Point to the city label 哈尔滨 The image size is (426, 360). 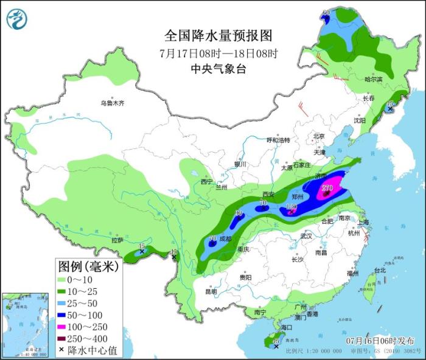tap(374, 80)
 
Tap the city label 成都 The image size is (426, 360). tap(225, 239)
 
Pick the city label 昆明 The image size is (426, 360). tap(211, 291)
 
